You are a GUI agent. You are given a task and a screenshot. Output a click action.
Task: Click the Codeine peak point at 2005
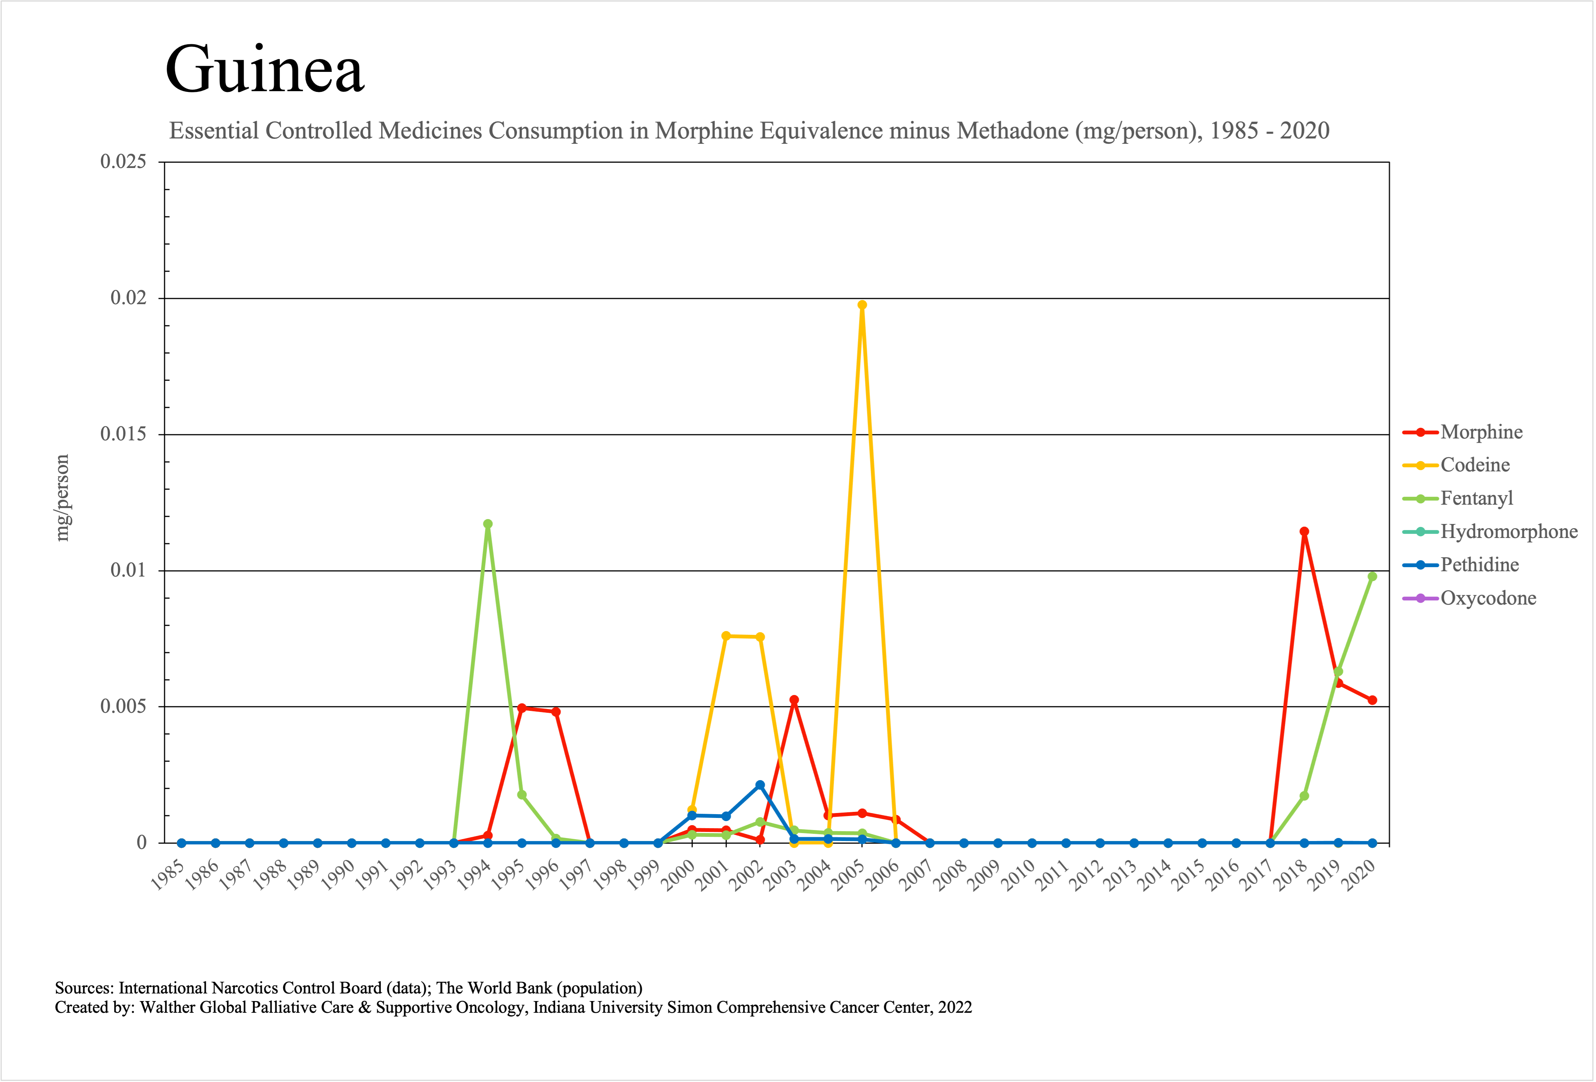[862, 305]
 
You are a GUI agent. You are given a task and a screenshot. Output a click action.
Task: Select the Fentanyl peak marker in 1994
[488, 524]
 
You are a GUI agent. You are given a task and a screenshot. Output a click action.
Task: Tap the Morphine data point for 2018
[1304, 532]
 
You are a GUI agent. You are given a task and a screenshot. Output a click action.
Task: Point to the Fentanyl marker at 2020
[1372, 577]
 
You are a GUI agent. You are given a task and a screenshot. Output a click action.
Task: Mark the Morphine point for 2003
[794, 700]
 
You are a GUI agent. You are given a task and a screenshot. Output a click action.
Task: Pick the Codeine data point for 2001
[726, 636]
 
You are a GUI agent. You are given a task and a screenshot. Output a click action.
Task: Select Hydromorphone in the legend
[1508, 532]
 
